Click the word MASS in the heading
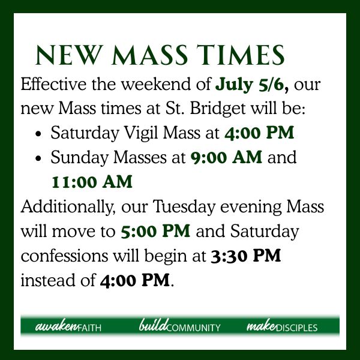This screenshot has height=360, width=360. [149, 55]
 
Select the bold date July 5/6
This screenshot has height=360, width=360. [252, 85]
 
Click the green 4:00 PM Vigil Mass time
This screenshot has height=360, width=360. [259, 133]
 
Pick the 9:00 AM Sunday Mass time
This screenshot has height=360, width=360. [226, 157]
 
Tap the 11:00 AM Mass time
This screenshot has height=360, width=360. [92, 182]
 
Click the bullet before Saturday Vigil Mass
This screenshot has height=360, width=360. [38, 134]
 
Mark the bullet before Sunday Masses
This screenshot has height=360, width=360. [38, 158]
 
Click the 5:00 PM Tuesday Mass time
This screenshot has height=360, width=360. [155, 231]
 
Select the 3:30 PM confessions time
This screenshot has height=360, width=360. [246, 256]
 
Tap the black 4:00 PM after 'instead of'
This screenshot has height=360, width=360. [135, 280]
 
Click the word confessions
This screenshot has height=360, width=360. [65, 256]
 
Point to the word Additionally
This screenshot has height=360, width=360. [68, 206]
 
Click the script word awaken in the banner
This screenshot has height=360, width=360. [56, 326]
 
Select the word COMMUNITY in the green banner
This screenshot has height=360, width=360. [193, 328]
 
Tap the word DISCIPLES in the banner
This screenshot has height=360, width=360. [296, 328]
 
